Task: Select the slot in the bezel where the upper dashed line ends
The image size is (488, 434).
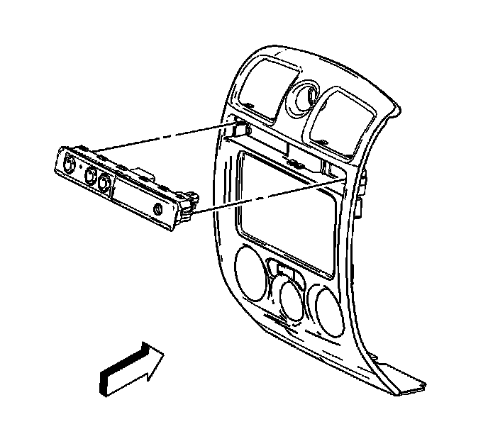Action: point(240,129)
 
